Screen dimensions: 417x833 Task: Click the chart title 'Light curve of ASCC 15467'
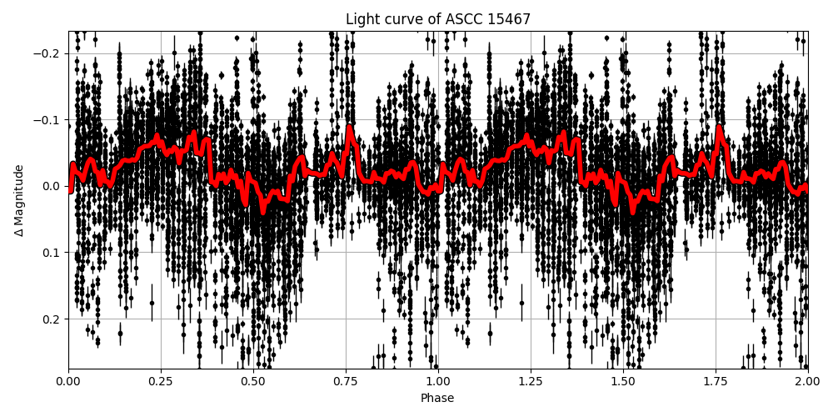tap(437, 19)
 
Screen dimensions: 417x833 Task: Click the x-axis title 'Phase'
tap(437, 399)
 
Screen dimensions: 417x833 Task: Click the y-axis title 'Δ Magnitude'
tap(19, 200)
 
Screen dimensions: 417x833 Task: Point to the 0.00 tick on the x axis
tap(68, 381)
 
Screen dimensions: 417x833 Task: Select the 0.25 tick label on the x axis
tap(161, 381)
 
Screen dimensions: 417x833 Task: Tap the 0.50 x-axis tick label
tap(253, 381)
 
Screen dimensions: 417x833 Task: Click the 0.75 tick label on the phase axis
tap(346, 381)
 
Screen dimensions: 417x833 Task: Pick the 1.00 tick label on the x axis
tap(438, 381)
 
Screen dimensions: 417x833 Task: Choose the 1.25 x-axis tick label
tap(531, 381)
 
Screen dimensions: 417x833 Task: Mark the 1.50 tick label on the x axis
tap(623, 381)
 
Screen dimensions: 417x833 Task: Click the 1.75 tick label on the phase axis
tap(716, 381)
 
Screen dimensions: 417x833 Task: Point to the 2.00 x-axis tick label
tap(807, 381)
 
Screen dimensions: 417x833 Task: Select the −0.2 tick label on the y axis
tap(50, 54)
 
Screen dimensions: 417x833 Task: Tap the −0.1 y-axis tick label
tap(50, 120)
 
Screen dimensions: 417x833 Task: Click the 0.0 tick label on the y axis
tap(53, 186)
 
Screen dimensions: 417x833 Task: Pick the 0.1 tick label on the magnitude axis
tap(53, 253)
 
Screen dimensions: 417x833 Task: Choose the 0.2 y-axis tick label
tap(53, 319)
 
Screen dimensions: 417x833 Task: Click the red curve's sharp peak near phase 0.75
tap(349, 128)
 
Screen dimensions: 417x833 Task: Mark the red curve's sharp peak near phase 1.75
tap(719, 128)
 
